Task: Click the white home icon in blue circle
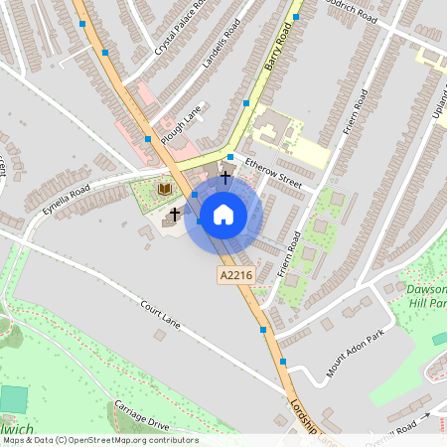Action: [223, 215]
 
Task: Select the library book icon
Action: [166, 189]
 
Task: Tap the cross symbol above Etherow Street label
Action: [225, 177]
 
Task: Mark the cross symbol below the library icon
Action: [175, 214]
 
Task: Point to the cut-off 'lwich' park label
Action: [17, 429]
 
